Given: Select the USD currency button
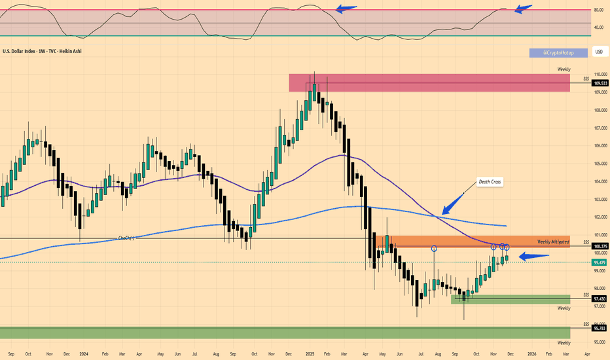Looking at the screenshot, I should click(598, 51).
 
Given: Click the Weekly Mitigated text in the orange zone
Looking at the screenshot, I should click(554, 242).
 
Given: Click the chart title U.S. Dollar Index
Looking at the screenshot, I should click(24, 50).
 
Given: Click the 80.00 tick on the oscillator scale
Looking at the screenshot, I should click(598, 10).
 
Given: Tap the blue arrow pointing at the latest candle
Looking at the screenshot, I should click(529, 257).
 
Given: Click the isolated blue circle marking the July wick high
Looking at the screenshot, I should click(434, 249).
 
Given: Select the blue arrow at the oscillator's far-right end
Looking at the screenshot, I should click(524, 9).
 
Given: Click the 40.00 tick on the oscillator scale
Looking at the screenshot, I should click(598, 27).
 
